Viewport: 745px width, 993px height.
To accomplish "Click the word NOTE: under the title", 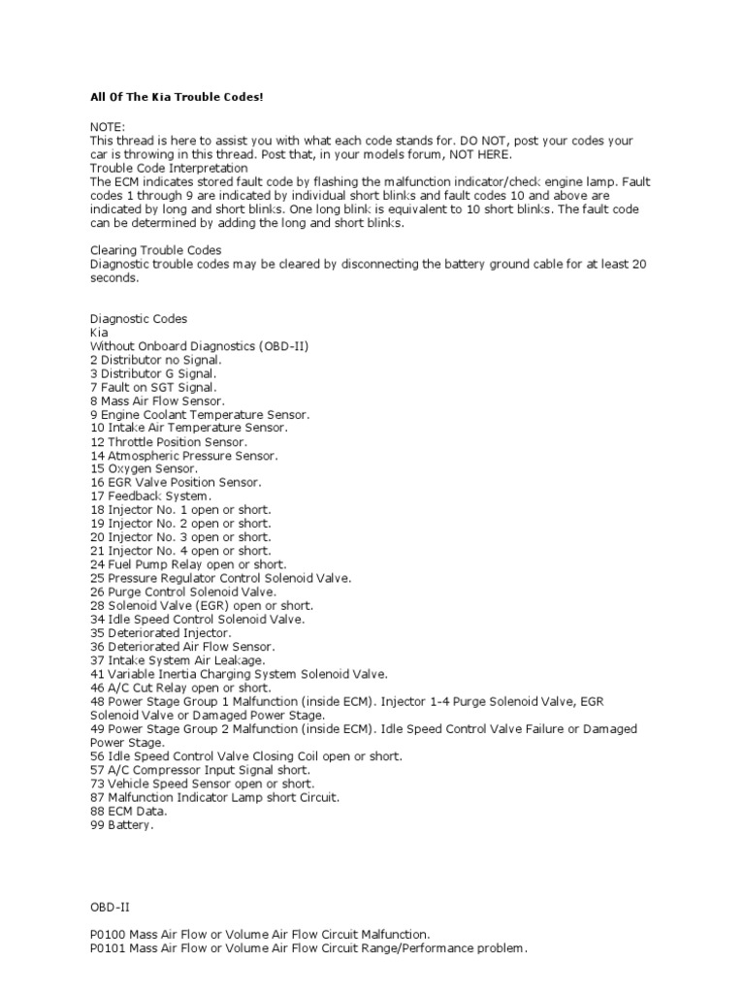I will [x=107, y=127].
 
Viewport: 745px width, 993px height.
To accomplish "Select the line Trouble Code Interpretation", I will [x=169, y=167].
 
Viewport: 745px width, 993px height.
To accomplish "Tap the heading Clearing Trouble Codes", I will [x=155, y=249].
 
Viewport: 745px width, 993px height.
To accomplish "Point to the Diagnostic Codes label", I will [x=139, y=318].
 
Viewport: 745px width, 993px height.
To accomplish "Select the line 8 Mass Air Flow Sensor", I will [x=156, y=400].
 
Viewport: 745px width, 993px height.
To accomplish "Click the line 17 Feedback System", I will [x=150, y=496].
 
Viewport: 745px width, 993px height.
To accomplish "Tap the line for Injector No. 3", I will [x=180, y=536].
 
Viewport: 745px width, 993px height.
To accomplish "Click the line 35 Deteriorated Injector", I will [x=160, y=632].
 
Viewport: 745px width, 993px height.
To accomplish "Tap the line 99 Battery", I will [x=122, y=824].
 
